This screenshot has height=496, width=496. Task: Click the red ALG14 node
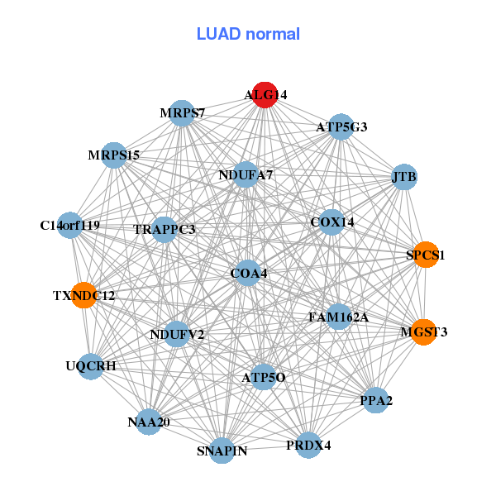tap(265, 95)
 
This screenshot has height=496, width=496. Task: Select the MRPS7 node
tap(182, 112)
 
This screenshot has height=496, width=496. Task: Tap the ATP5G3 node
tap(341, 127)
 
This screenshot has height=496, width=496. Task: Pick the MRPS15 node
tap(115, 155)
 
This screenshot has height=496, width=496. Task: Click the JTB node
tap(403, 176)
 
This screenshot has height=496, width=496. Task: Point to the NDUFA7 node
tap(246, 175)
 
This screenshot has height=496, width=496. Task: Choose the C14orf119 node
tap(70, 225)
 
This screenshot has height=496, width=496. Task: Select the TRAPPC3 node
tap(165, 229)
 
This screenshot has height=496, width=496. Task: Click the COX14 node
tap(331, 222)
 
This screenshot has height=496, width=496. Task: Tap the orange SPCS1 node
tap(425, 255)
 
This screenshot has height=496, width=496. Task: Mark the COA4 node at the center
tap(248, 273)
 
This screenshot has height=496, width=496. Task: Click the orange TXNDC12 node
tap(84, 295)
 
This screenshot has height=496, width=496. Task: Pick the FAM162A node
tap(338, 317)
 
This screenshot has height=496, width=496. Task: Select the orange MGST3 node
tap(423, 332)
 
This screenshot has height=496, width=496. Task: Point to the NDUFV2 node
tap(177, 334)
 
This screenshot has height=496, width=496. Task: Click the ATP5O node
tap(264, 378)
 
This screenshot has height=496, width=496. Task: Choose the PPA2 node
tap(376, 401)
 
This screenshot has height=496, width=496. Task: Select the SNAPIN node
tap(222, 451)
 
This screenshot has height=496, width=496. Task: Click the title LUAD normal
tap(248, 34)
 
